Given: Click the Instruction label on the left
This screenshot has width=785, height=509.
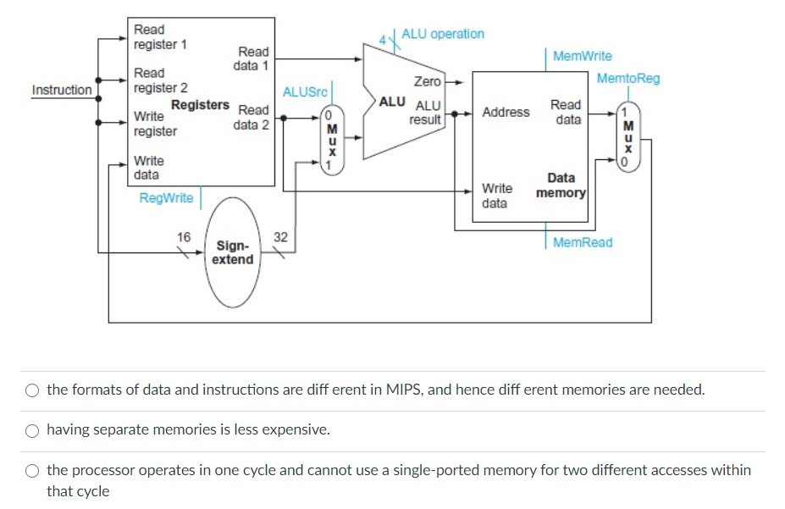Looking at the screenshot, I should point(62,90).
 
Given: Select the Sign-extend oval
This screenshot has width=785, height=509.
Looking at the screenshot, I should point(232,252).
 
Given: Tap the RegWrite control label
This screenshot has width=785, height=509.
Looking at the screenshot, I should point(166,198).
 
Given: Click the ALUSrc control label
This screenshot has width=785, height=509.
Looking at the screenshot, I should point(305,91).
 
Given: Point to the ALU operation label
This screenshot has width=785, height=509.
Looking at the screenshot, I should point(442,34).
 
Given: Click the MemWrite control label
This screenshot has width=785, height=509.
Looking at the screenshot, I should point(582,56).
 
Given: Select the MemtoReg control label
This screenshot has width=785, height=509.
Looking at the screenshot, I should point(627,79).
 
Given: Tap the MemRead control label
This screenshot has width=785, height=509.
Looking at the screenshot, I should point(582,242).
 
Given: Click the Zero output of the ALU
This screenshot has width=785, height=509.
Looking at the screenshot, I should point(427,81).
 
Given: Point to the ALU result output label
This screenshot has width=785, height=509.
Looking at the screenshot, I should point(425,113).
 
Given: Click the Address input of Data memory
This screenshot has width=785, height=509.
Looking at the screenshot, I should point(506,112).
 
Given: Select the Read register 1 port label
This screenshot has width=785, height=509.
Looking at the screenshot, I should point(160,37).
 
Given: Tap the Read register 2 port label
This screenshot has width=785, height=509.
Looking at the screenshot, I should point(160,80).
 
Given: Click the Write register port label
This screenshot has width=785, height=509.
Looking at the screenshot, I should point(155,124).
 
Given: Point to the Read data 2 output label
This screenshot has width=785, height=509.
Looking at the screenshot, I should point(252,117).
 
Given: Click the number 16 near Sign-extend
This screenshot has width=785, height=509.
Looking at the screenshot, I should point(184,236).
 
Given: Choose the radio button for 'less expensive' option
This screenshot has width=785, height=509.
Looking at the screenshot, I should point(32,430).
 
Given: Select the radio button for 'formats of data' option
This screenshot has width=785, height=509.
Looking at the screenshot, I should point(32,390).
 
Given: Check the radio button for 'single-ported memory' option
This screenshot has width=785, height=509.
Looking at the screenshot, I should point(32,471).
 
